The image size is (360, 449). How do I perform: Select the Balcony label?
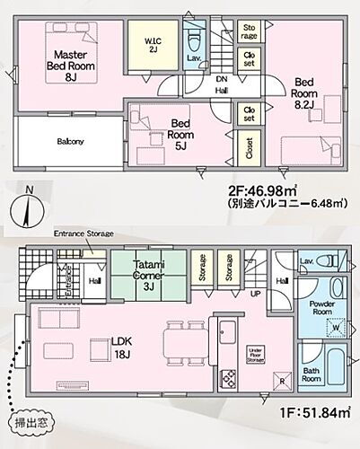pyautogui.click(x=72, y=141)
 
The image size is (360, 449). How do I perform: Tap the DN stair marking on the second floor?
pyautogui.click(x=221, y=78)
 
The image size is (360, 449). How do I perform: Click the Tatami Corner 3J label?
pyautogui.click(x=148, y=273)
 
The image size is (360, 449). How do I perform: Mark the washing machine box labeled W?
pyautogui.click(x=336, y=326)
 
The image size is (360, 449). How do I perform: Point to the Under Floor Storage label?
pyautogui.click(x=255, y=352)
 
